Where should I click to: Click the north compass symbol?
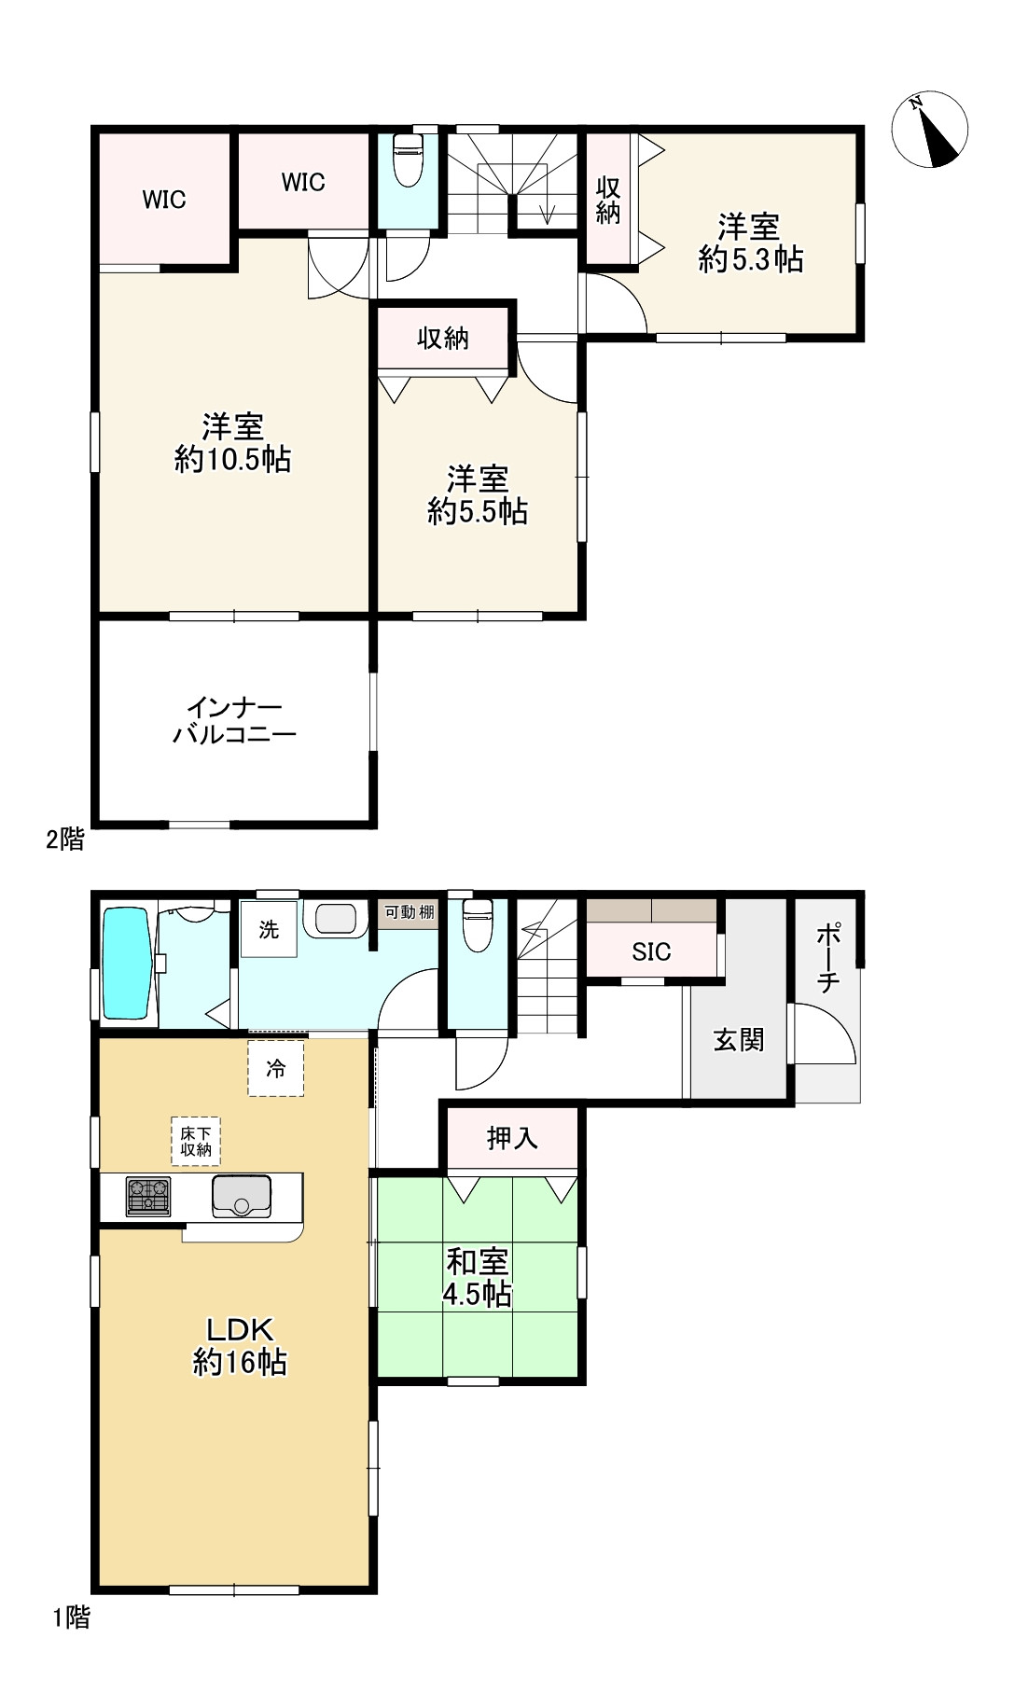click(x=929, y=130)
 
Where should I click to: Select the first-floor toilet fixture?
click(x=477, y=924)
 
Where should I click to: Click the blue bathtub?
click(x=125, y=965)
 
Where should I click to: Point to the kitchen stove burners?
click(x=148, y=1197)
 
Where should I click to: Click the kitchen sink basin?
click(x=242, y=1196)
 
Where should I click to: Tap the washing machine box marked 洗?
click(x=269, y=929)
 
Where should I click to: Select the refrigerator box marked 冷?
click(x=276, y=1068)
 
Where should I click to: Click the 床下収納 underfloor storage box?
click(x=196, y=1141)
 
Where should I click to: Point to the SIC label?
click(x=650, y=951)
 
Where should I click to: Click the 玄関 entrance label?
click(x=738, y=1039)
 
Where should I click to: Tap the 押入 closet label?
click(x=512, y=1138)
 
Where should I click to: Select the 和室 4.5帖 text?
click(x=478, y=1278)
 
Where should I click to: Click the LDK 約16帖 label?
click(x=239, y=1345)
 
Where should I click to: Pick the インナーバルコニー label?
click(x=234, y=720)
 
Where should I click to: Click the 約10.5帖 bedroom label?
click(x=233, y=443)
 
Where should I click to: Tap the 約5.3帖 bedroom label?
click(x=750, y=243)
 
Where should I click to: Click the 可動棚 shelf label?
click(x=410, y=911)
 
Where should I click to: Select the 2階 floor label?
click(x=65, y=840)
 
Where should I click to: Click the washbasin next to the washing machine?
click(x=335, y=918)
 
